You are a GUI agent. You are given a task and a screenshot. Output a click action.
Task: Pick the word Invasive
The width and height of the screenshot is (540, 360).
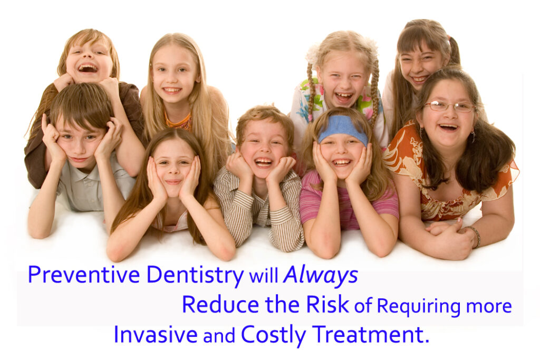156,334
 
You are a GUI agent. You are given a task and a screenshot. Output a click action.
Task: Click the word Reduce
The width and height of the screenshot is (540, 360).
220,305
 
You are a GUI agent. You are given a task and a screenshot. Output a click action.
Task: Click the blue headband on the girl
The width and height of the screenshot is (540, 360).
343,129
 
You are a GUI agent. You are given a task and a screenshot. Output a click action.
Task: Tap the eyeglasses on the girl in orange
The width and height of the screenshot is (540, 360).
449,106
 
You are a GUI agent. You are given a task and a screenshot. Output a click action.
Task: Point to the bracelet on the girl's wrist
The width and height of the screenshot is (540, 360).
476,236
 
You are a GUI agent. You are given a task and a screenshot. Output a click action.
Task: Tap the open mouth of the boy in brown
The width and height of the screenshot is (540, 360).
88,68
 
